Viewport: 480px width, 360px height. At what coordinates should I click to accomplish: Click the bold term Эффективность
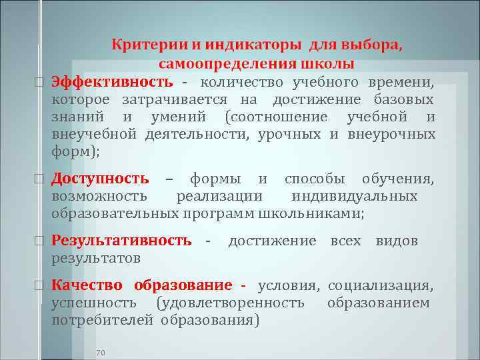(x=113, y=82)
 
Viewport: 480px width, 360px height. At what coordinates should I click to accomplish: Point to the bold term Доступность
(x=101, y=178)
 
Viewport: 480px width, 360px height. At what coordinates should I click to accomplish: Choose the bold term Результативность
(x=122, y=241)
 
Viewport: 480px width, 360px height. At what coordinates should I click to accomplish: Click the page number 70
(x=101, y=351)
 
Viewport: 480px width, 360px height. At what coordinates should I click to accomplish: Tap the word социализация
(x=381, y=285)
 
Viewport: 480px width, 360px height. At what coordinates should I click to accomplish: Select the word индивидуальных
(x=355, y=196)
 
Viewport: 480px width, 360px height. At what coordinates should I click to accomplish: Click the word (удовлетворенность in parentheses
(x=230, y=303)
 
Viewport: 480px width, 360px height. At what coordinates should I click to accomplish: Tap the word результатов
(x=95, y=257)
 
